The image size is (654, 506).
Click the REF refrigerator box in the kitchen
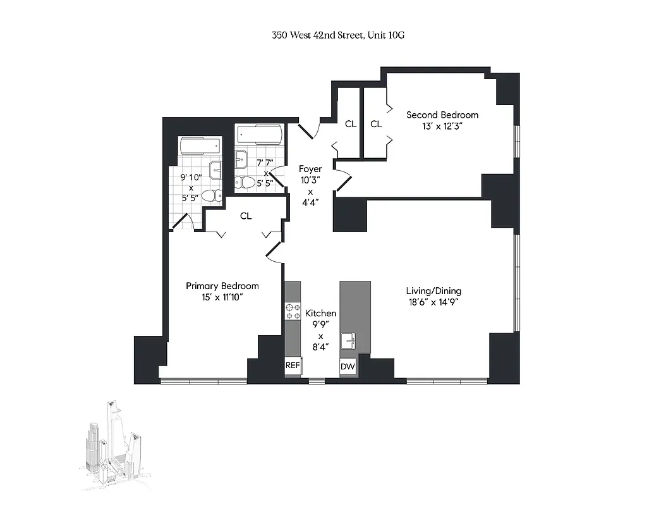[x=293, y=366]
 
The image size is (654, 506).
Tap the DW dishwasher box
[x=348, y=366]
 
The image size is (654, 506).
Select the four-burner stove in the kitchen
[x=293, y=311]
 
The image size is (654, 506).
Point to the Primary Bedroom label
[x=222, y=286]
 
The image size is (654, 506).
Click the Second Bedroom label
[x=442, y=114]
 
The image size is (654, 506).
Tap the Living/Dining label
[x=433, y=291]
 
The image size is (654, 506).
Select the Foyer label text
[x=310, y=169]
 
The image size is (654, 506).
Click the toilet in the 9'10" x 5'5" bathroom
[x=213, y=195]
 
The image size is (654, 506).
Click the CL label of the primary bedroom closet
[x=246, y=216]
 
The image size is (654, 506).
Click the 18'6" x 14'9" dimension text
[x=433, y=302]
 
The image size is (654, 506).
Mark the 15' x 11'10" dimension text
[x=222, y=297]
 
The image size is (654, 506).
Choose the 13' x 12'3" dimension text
[x=442, y=125]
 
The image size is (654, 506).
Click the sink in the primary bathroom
[x=215, y=169]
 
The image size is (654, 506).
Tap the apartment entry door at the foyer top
[x=307, y=130]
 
